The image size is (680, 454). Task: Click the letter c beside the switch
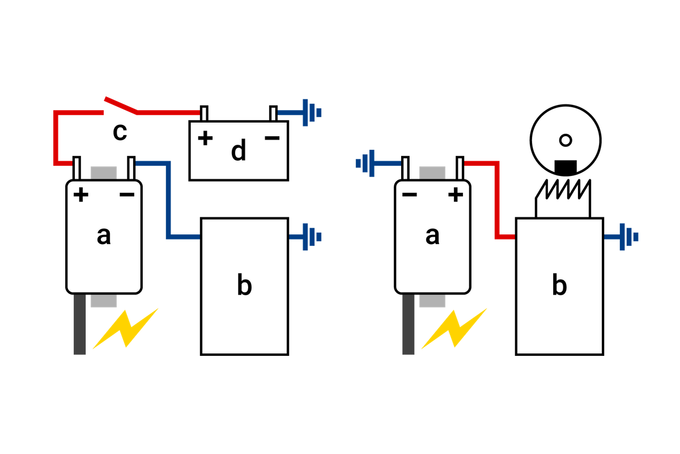(120, 133)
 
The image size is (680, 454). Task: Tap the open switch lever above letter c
(121, 106)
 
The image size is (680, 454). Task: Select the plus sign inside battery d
(205, 138)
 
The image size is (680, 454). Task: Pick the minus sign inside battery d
(272, 138)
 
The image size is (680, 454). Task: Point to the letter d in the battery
(239, 150)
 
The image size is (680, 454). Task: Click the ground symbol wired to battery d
(312, 112)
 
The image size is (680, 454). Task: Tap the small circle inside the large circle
(566, 141)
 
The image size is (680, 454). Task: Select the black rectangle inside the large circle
(566, 167)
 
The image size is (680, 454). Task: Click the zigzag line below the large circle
(563, 189)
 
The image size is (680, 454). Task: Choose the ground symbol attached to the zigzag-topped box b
(629, 237)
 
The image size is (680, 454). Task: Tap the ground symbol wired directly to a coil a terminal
(365, 163)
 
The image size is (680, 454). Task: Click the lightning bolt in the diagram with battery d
(125, 329)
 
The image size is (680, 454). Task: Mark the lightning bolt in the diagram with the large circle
(454, 329)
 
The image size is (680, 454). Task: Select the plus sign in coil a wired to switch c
(81, 195)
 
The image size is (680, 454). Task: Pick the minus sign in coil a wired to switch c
(127, 195)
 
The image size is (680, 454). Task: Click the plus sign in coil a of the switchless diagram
(456, 195)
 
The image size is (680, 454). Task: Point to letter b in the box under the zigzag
(559, 284)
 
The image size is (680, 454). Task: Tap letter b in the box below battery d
(244, 284)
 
